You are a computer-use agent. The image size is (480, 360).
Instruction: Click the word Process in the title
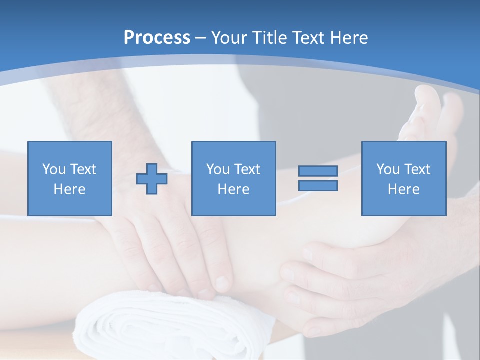[x=157, y=38]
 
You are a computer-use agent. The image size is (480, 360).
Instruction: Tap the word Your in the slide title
[x=229, y=38]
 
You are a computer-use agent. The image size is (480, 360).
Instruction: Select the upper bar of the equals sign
[x=318, y=171]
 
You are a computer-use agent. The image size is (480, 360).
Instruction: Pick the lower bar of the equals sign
[x=318, y=186]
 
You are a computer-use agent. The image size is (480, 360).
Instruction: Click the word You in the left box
[x=53, y=169]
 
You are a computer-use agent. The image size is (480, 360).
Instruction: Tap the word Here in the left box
[x=69, y=189]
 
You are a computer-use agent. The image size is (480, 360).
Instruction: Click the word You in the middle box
[x=217, y=169]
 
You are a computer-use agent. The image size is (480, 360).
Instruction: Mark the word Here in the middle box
[x=233, y=189]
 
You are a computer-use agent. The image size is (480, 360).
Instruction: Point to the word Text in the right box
[x=417, y=169]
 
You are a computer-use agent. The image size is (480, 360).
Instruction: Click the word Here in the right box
[x=403, y=189]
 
